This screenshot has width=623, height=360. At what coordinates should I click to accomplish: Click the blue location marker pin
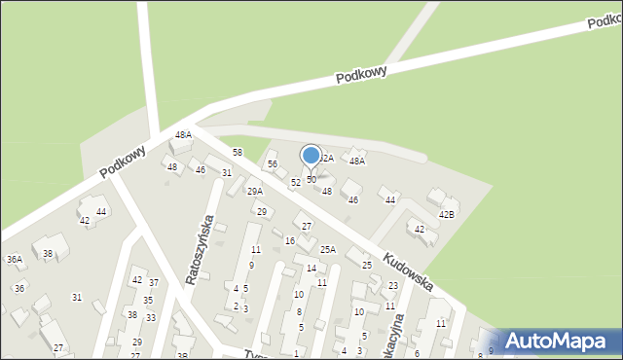pos(311,156)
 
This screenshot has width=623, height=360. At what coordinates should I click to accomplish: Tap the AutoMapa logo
pos(557,340)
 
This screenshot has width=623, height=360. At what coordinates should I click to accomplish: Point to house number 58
pos(237,153)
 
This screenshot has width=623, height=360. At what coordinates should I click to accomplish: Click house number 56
pos(273,164)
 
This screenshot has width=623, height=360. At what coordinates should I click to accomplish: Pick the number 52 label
pos(296,183)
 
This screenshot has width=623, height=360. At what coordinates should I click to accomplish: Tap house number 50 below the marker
pos(311,180)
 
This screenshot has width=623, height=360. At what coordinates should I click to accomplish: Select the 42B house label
pos(447,214)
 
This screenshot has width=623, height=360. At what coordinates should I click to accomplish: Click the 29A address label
pos(254,192)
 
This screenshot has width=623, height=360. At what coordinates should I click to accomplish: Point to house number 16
pos(289,240)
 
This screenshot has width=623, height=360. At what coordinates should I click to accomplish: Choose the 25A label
pos(328,250)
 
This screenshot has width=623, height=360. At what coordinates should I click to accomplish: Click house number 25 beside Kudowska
pos(367,266)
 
